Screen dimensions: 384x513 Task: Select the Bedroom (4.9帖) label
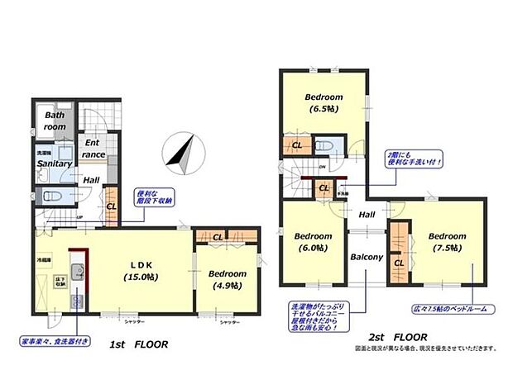(x=227, y=279)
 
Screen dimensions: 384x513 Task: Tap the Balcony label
(x=366, y=257)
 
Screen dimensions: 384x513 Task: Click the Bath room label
(x=55, y=121)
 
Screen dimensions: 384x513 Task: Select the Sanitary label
(x=55, y=164)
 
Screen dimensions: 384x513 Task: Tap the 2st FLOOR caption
(x=399, y=337)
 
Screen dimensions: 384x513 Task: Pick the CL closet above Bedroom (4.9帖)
(x=217, y=239)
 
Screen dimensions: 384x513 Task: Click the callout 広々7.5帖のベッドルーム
(x=454, y=309)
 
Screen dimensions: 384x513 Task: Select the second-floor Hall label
(x=367, y=214)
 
